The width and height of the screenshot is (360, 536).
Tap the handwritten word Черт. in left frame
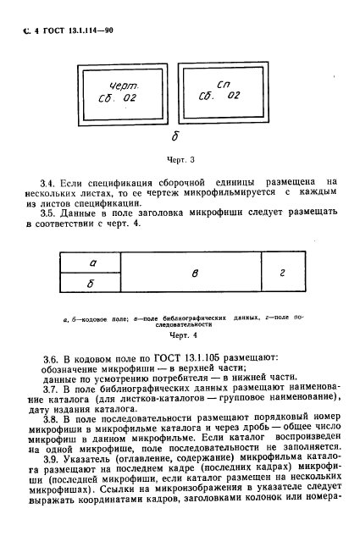point(123,87)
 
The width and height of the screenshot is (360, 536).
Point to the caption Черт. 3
point(176,157)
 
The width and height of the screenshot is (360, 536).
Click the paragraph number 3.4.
point(52,181)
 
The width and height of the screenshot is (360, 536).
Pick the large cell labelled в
point(197,274)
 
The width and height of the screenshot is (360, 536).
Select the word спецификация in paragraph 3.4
point(117,181)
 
